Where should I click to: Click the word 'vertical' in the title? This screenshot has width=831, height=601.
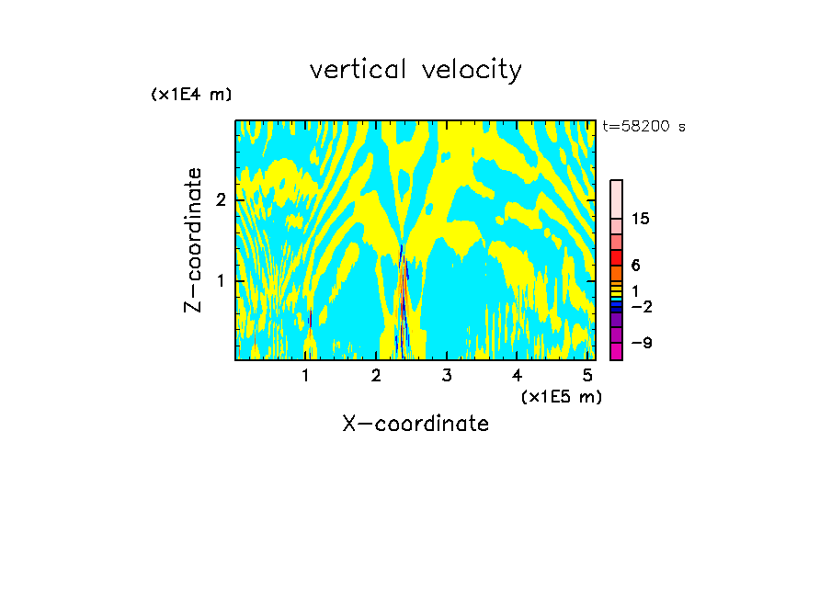(356, 70)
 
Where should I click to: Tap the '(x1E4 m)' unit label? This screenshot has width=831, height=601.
(191, 95)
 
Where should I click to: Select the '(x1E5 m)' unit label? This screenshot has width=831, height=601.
(561, 396)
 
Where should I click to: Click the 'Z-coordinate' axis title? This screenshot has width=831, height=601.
(193, 240)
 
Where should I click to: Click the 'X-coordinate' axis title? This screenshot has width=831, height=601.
(415, 424)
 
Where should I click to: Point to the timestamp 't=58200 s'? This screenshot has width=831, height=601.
(643, 127)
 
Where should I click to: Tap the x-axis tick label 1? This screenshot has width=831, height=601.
(306, 375)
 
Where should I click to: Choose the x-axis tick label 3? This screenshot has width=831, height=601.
(447, 375)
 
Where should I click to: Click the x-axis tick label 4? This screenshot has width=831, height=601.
(517, 375)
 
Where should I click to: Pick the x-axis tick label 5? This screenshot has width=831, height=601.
(587, 375)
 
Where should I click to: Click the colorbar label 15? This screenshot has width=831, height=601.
(641, 219)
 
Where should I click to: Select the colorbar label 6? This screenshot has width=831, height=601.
(635, 265)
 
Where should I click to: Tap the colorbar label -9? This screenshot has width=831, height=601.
(640, 343)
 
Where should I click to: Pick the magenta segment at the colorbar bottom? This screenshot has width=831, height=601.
(616, 350)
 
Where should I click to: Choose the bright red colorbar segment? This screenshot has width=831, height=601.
(616, 257)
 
